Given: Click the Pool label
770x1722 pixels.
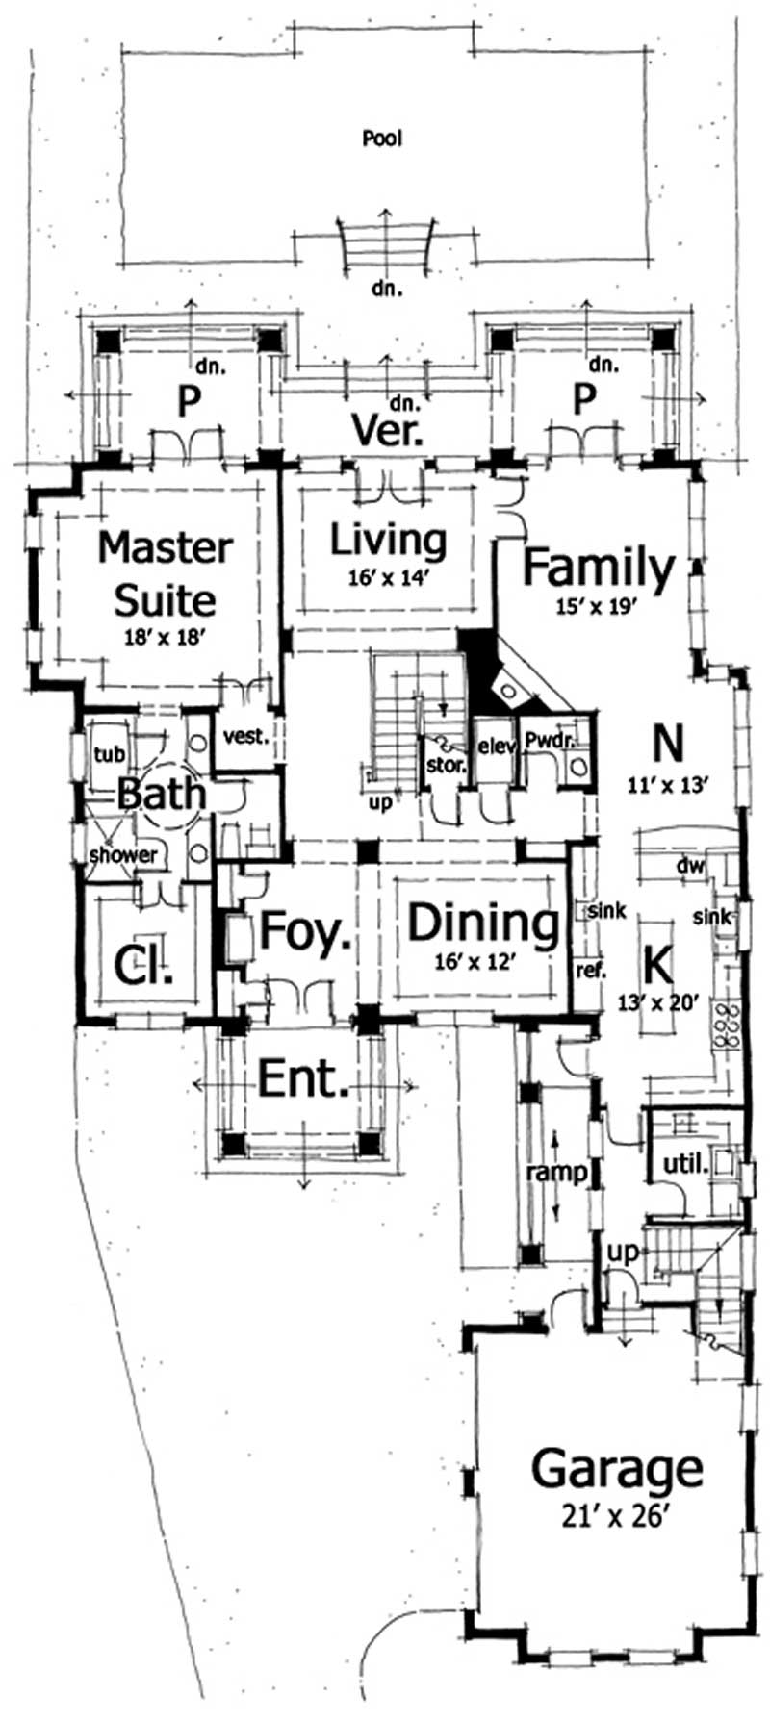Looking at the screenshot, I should (382, 139).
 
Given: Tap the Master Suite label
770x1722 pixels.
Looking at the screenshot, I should (165, 573).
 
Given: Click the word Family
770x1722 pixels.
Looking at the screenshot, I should (599, 568).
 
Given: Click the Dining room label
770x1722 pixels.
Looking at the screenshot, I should (483, 924).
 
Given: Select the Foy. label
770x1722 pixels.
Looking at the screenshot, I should (304, 931).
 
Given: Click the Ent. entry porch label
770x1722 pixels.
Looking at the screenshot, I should (303, 1080).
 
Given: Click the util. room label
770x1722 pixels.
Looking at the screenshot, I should (687, 1165).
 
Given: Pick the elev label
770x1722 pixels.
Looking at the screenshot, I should (497, 746).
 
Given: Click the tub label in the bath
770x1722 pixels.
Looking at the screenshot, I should (104, 754).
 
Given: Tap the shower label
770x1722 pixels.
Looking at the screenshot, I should (123, 854).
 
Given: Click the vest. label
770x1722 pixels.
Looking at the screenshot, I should (244, 738).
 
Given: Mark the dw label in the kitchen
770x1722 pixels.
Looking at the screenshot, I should (691, 866).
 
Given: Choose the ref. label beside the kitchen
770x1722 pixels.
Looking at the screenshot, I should (590, 971).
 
